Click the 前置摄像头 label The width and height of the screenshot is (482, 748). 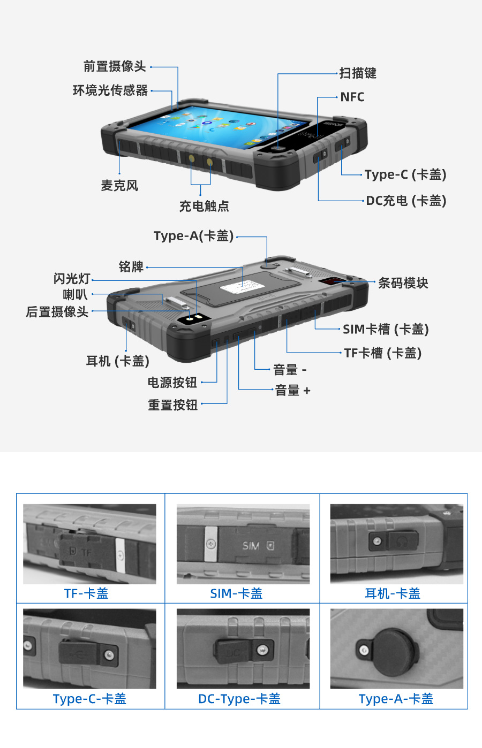(115, 66)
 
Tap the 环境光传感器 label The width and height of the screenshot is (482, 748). (110, 90)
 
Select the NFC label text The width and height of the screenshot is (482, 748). (352, 97)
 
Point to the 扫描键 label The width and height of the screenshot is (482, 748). (358, 73)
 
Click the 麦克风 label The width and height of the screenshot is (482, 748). (119, 186)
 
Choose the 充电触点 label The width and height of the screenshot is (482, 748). (204, 207)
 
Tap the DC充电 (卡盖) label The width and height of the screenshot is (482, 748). (406, 201)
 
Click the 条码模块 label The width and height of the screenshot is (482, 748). (403, 283)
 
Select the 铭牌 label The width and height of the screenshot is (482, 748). (131, 266)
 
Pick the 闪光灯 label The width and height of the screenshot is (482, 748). (72, 279)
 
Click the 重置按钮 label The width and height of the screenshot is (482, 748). (173, 405)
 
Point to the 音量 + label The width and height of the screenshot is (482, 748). (292, 391)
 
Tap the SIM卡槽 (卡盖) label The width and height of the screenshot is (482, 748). (386, 329)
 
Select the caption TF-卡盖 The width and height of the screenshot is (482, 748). (86, 593)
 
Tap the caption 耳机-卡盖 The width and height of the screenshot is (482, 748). (393, 593)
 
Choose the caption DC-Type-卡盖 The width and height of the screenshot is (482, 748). (239, 699)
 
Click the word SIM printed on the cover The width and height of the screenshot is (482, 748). (251, 546)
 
